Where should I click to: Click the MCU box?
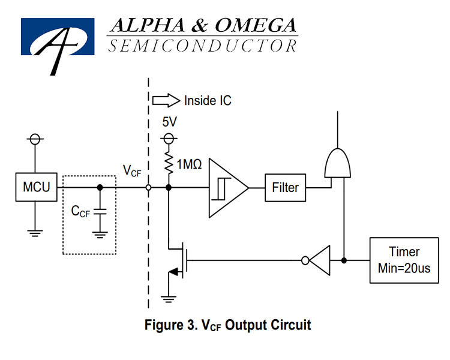tap(36, 187)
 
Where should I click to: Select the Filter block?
tap(285, 188)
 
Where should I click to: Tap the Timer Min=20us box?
tap(404, 260)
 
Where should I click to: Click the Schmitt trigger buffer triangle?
tap(229, 188)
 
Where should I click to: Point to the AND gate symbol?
tap(337, 164)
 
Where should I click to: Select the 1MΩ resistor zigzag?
tap(169, 163)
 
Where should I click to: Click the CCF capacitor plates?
tap(100, 212)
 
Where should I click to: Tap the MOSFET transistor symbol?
tap(179, 260)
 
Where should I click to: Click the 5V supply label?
tap(169, 122)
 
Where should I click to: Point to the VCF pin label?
tap(132, 171)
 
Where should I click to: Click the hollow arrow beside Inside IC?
tap(166, 100)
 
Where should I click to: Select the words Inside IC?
tap(208, 101)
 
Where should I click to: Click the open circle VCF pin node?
tap(148, 188)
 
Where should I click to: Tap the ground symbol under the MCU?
tap(35, 233)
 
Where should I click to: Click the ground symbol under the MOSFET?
tap(169, 299)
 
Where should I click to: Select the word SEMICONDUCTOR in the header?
tap(203, 46)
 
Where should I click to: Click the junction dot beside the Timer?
tap(344, 260)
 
